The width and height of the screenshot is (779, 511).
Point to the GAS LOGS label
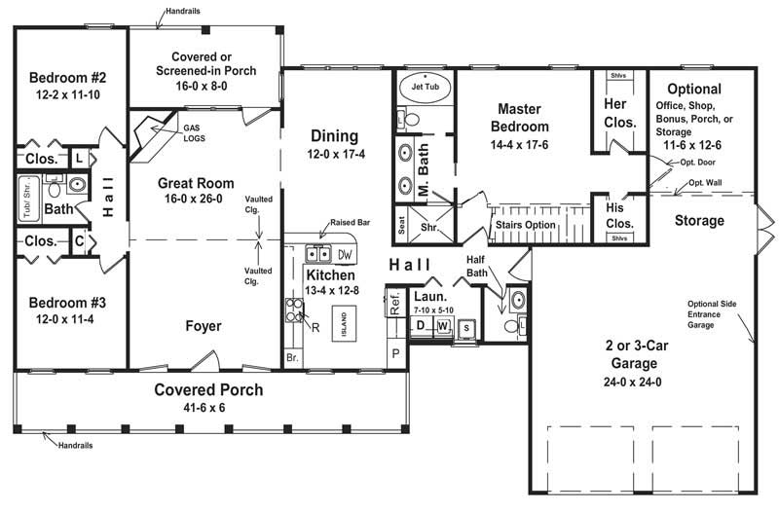194,132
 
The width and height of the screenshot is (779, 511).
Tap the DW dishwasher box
345,254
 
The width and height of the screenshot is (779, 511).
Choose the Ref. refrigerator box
395,304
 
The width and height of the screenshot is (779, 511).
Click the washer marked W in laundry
443,325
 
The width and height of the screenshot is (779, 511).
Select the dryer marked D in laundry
421,325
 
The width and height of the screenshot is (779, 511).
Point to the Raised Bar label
350,223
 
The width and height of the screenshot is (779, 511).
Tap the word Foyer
202,326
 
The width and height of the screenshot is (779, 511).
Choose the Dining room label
334,136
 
